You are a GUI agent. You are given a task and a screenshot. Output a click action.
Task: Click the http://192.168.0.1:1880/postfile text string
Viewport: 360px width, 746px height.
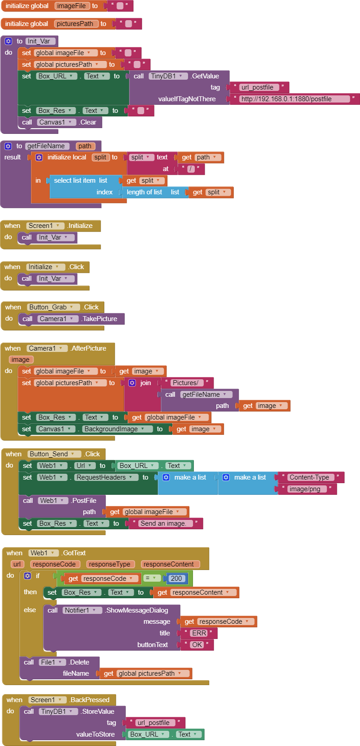294,99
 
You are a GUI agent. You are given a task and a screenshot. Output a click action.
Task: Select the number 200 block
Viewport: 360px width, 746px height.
176,578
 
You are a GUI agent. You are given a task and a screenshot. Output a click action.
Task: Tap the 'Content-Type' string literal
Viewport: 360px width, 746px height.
309,477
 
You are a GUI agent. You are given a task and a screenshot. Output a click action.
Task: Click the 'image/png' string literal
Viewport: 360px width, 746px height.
305,489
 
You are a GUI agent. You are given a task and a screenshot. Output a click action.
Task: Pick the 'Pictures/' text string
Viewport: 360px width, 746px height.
185,383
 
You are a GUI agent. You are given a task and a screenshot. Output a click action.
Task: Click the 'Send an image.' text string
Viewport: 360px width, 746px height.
163,523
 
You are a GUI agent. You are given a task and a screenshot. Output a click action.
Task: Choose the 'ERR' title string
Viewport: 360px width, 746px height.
199,633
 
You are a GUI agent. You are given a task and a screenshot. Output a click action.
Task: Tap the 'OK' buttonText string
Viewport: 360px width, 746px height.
197,645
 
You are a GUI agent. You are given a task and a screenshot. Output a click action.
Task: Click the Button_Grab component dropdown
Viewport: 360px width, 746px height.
54,307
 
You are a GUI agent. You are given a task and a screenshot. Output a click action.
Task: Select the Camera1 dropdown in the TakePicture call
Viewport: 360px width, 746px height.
56,319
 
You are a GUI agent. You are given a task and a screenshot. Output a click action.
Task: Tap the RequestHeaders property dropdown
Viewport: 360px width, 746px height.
105,477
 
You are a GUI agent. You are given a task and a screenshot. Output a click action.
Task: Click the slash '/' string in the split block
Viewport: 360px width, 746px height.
191,169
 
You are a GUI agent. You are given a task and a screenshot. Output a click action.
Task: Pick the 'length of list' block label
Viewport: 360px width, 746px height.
144,192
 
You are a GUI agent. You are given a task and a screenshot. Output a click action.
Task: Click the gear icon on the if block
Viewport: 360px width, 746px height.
27,576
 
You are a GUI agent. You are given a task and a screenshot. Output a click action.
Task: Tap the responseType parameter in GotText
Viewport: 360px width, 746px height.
110,564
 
